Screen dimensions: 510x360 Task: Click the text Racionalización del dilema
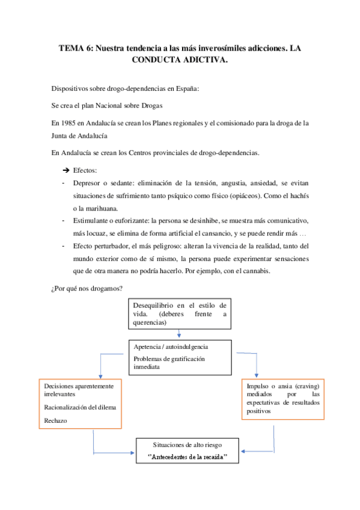(80, 407)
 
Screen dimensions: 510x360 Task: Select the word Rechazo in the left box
(56, 421)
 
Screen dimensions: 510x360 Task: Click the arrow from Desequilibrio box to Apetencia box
(179, 334)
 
